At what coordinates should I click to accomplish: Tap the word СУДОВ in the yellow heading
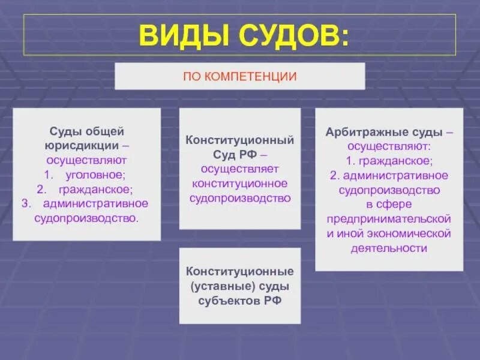[x=291, y=36]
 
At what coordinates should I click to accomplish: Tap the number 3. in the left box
[x=25, y=203]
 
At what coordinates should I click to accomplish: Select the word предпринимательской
[x=389, y=218]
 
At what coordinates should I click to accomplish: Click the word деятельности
[x=389, y=248]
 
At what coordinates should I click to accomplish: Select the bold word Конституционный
[x=240, y=140]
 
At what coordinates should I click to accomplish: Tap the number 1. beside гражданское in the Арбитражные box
[x=351, y=160]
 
